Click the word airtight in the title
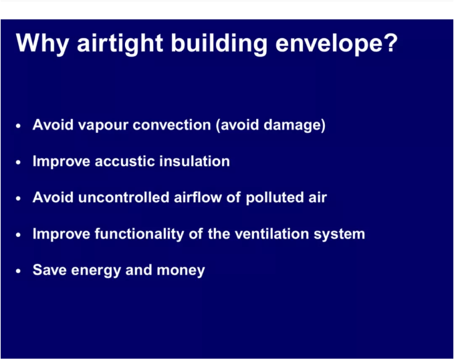(120, 43)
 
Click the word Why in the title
(43, 44)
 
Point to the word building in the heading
(219, 43)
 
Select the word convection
(172, 125)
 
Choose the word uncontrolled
(124, 197)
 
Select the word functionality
(140, 234)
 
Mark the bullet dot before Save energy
(18, 271)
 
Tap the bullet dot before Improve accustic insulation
(18, 162)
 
